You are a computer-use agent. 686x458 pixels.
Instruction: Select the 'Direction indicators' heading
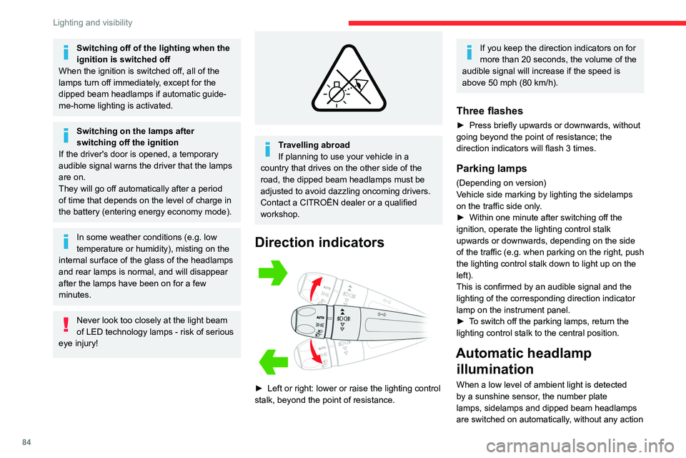pyautogui.click(x=318, y=243)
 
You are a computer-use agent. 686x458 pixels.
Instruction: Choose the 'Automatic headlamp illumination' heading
pyautogui.click(x=523, y=361)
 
